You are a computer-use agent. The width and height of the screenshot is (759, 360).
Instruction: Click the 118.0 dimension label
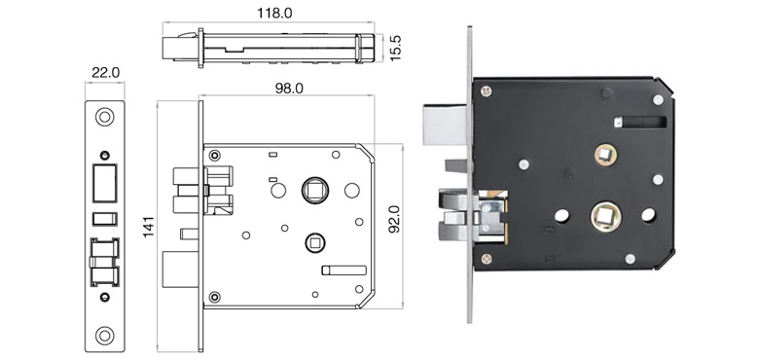coord(273,14)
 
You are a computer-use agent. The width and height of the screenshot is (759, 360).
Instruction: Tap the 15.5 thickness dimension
coord(395,47)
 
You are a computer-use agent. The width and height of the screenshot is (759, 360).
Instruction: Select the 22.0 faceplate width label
coord(104,72)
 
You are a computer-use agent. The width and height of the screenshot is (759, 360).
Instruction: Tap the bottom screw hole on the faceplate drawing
coord(104,337)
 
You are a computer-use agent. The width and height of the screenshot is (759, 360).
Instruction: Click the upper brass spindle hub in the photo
coord(607,153)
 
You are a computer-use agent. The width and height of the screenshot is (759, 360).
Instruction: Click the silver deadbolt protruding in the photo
coord(446,125)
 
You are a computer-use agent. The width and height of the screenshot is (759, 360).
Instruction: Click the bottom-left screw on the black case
coord(484,259)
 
